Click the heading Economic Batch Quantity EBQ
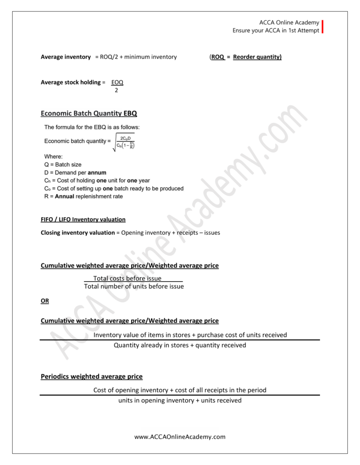[x=89, y=114]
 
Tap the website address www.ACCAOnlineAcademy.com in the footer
[x=180, y=437]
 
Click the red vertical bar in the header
[x=323, y=27]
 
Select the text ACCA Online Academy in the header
[x=289, y=23]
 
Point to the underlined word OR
[x=45, y=301]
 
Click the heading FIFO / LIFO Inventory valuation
[x=83, y=219]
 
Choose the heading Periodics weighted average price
[x=92, y=376]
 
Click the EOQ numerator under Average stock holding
[x=117, y=82]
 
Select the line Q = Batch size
[x=63, y=164]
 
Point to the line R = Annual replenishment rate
[x=84, y=197]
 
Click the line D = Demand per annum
[x=75, y=173]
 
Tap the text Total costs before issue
[x=128, y=278]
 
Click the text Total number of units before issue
[x=134, y=287]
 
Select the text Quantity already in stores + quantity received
[x=180, y=345]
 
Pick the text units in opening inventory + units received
[x=180, y=401]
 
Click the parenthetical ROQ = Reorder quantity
[x=246, y=57]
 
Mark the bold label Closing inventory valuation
[x=78, y=232]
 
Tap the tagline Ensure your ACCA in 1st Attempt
[x=276, y=31]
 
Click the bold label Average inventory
[x=66, y=57]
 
